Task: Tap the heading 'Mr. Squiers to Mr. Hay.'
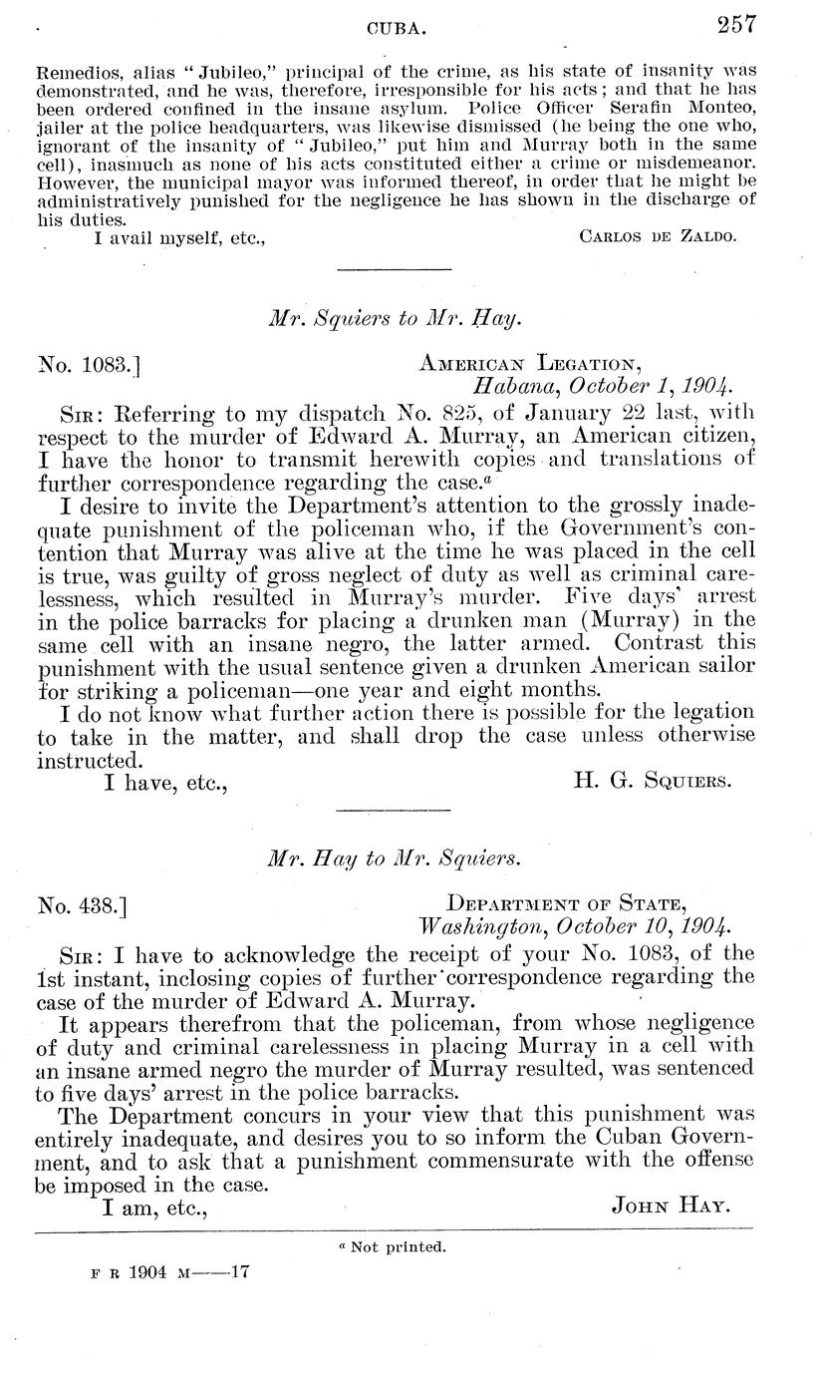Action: (397, 319)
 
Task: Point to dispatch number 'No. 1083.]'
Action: (89, 364)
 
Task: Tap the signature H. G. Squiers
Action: (653, 781)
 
